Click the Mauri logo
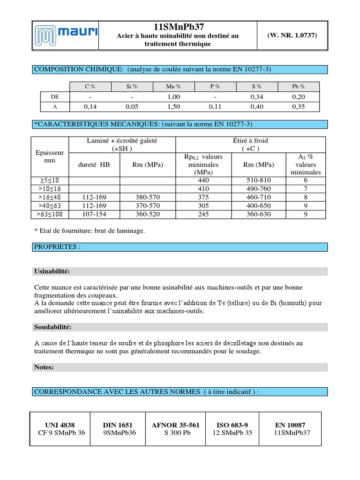tap(66, 35)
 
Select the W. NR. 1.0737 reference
tap(292, 35)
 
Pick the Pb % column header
tap(298, 86)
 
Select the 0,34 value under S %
tap(257, 97)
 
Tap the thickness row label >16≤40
tap(50, 197)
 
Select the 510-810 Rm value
tap(260, 180)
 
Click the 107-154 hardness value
tap(94, 214)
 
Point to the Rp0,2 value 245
tap(203, 214)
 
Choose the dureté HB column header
tap(94, 165)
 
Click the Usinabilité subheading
tap(52, 271)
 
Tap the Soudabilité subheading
tap(52, 327)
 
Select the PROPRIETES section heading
tap(57, 247)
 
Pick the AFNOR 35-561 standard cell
tap(176, 428)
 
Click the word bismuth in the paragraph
tap(293, 303)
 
